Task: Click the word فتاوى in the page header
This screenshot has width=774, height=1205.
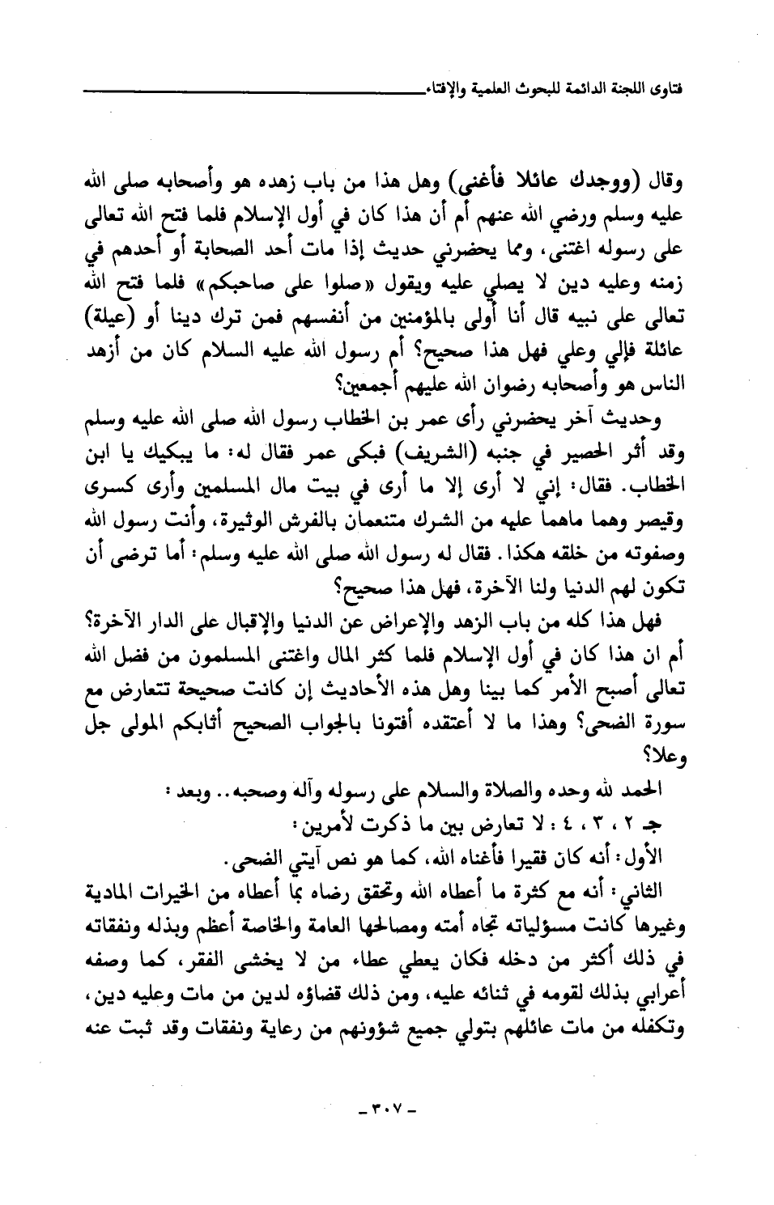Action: coord(666,83)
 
